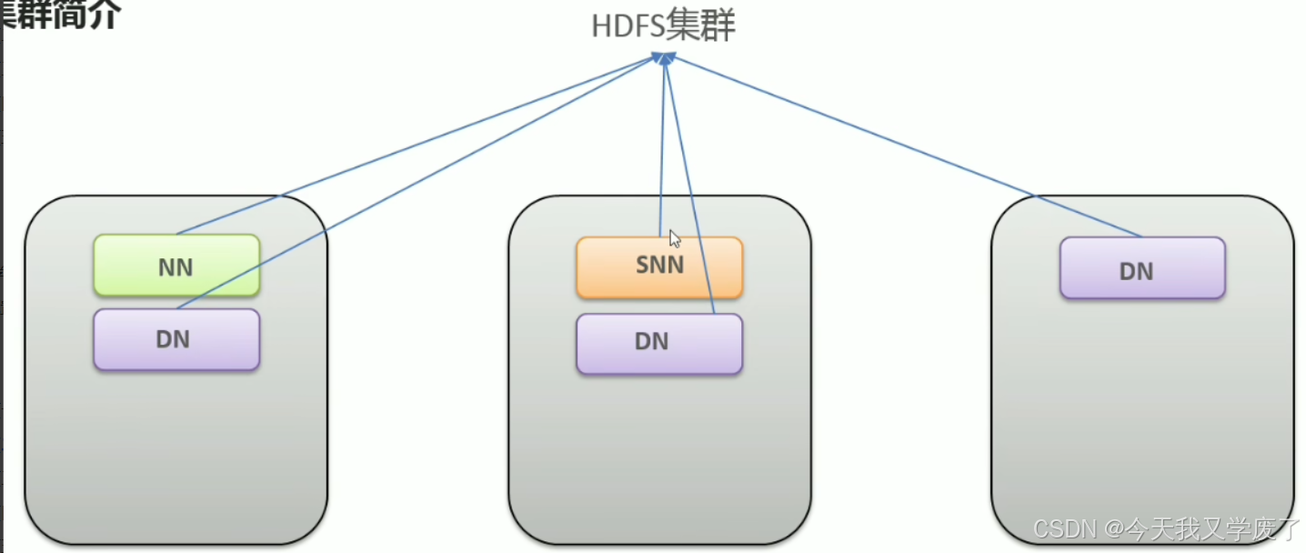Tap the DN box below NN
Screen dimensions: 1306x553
click(x=176, y=339)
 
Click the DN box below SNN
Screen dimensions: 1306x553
click(x=658, y=343)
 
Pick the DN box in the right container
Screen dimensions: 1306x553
click(x=1142, y=268)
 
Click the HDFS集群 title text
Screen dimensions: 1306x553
click(x=663, y=25)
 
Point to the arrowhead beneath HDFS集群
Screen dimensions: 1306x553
click(x=665, y=58)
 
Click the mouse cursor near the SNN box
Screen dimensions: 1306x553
click(x=675, y=238)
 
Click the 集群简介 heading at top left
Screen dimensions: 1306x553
click(x=60, y=15)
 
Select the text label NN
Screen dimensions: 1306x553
click(x=176, y=266)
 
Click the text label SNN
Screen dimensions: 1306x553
click(x=659, y=266)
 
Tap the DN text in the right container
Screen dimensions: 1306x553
click(x=1137, y=271)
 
